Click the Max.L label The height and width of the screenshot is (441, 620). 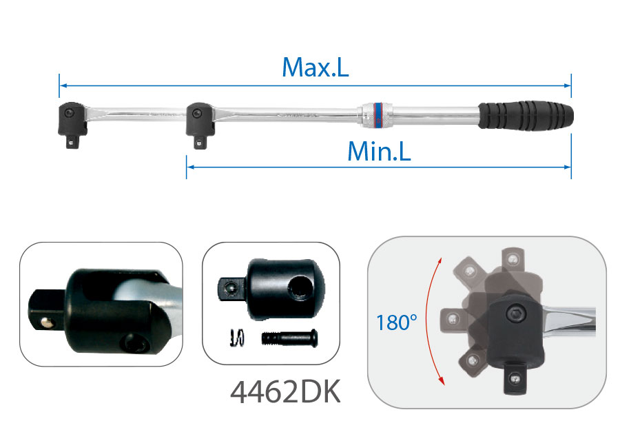(x=315, y=68)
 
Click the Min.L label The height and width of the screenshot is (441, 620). (x=379, y=151)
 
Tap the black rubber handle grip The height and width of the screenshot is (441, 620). (x=526, y=116)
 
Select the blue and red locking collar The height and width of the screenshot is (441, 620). (x=378, y=115)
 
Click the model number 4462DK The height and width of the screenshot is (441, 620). (x=285, y=392)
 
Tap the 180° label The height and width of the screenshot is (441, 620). (x=397, y=322)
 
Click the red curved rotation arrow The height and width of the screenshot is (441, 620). (x=428, y=321)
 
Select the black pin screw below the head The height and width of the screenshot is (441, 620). (x=289, y=338)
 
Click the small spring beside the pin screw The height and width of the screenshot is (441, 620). (x=237, y=338)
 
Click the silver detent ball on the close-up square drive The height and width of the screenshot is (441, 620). (x=48, y=323)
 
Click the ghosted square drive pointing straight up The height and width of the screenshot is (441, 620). (x=513, y=260)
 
